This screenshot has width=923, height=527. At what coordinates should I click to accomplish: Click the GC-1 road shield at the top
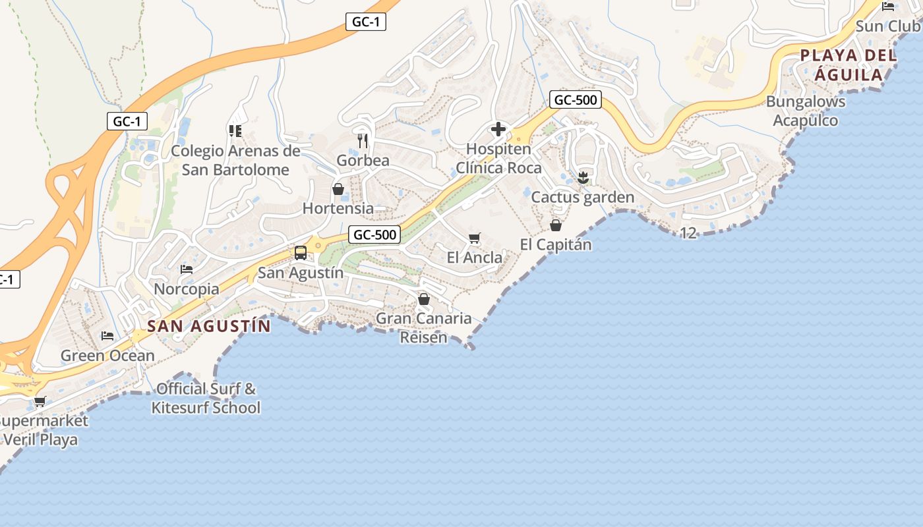[x=365, y=22]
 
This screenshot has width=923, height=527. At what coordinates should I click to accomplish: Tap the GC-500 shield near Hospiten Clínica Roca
[x=576, y=100]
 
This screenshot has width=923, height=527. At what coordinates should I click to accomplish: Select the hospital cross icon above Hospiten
[x=498, y=129]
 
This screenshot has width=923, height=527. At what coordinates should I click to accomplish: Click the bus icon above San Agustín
[x=300, y=252]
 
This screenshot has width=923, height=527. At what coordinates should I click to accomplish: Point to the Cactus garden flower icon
[x=583, y=177]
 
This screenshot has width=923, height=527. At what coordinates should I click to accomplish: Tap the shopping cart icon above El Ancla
[x=474, y=238]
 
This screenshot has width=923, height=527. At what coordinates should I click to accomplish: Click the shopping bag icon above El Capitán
[x=556, y=225]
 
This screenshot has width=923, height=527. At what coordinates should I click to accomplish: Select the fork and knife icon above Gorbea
[x=363, y=140]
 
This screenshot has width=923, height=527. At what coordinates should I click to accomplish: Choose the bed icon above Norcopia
[x=187, y=269]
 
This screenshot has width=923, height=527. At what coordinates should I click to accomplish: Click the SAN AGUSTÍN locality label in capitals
[x=209, y=326]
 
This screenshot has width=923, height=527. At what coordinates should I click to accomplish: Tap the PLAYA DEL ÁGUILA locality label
[x=849, y=65]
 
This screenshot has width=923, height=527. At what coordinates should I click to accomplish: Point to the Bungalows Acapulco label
[x=805, y=111]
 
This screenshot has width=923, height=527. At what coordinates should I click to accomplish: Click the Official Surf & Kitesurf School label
[x=206, y=398]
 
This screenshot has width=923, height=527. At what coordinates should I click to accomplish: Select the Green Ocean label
[x=107, y=356]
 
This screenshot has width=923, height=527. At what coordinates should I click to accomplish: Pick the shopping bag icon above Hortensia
[x=338, y=190]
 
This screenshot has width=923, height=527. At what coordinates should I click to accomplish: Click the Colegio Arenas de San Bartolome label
[x=235, y=160]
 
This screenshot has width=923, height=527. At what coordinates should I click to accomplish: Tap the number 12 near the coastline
[x=688, y=233]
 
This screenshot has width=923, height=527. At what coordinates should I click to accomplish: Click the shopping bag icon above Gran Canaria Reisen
[x=424, y=300]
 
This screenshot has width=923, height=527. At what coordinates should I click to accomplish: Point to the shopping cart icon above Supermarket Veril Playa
[x=40, y=401]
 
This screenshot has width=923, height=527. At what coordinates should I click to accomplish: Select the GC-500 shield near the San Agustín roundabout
[x=374, y=235]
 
